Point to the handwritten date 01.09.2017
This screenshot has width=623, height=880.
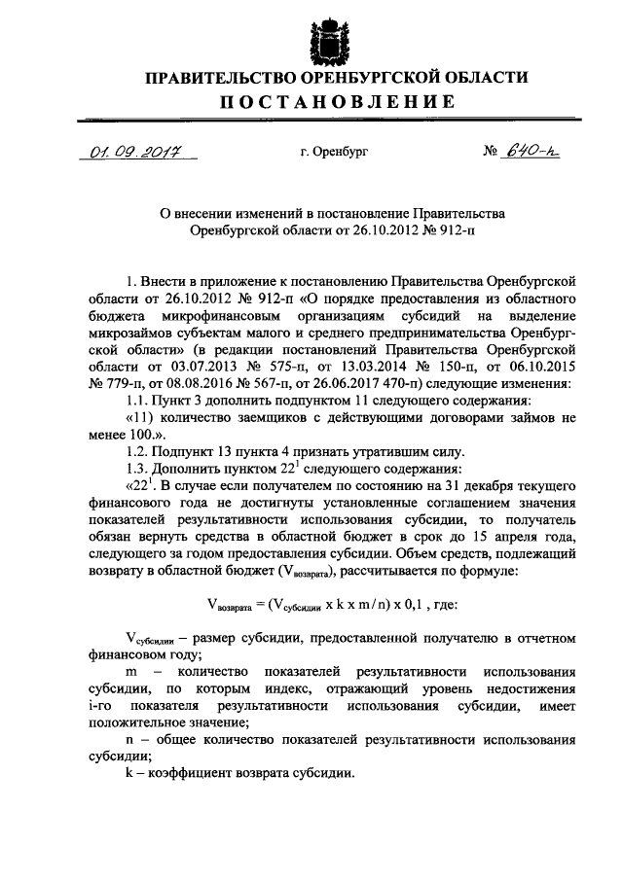[126, 152]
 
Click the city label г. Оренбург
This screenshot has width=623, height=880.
[334, 153]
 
